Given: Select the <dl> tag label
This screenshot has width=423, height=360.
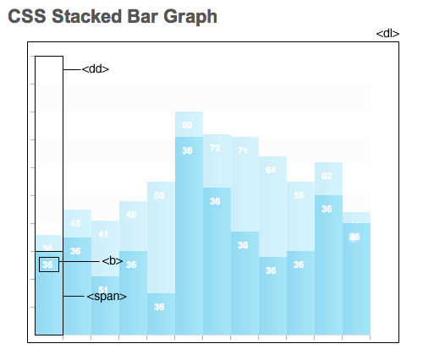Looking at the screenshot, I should click(387, 33).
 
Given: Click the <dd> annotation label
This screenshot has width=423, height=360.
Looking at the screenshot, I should click(96, 68).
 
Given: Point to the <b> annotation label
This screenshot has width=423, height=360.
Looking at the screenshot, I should click(112, 261).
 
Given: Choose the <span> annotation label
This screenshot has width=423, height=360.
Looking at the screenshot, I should click(107, 297).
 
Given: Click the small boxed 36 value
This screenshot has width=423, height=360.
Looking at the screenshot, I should click(48, 265).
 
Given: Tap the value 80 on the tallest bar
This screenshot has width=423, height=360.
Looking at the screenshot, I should click(187, 126).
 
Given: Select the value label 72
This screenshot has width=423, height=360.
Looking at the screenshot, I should click(215, 148).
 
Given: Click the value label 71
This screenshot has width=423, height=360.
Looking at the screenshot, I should click(243, 150).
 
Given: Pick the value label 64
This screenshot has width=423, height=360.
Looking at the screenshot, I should click(271, 170).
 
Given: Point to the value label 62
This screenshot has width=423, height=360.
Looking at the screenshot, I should click(327, 176).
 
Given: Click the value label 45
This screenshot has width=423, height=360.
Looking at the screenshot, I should click(75, 223).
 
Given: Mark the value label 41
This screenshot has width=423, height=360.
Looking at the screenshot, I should click(103, 234).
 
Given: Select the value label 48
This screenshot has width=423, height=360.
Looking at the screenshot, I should click(131, 215).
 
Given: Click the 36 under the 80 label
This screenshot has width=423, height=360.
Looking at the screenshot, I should click(187, 150).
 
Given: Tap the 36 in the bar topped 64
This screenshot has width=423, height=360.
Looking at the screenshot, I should click(271, 270).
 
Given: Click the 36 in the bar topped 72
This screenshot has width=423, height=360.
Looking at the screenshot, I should click(215, 201).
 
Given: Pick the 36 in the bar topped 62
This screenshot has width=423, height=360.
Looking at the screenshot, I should click(327, 209).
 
